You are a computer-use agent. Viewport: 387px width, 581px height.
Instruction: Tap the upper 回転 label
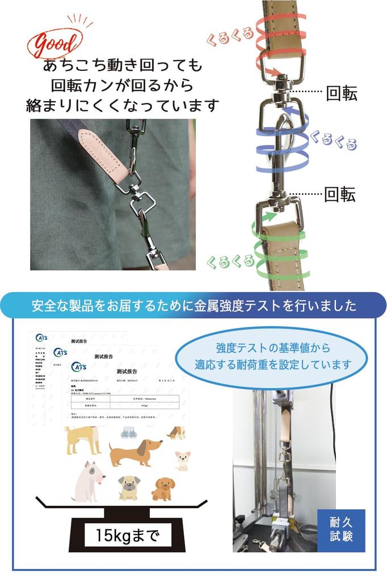tap(341, 94)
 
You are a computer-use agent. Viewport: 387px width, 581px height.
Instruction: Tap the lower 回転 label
tap(339, 195)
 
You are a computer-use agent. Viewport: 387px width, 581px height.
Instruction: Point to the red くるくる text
tap(230, 36)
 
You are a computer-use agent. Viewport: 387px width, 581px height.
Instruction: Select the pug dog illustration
tap(129, 487)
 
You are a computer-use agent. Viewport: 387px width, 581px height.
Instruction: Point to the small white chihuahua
tap(182, 460)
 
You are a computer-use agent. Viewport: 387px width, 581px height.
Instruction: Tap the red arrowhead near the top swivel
tap(275, 73)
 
